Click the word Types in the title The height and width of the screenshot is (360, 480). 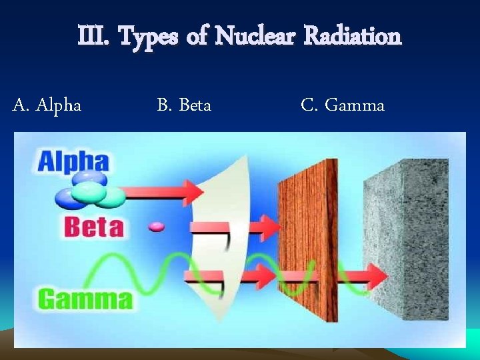click(x=148, y=37)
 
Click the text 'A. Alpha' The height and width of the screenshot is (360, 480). click(x=47, y=105)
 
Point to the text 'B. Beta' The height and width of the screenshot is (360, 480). click(x=184, y=105)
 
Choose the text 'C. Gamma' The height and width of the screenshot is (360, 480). click(x=343, y=105)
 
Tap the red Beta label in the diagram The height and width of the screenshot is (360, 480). click(x=94, y=227)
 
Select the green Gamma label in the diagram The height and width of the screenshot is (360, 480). click(x=85, y=297)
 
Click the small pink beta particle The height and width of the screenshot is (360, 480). click(x=157, y=227)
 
